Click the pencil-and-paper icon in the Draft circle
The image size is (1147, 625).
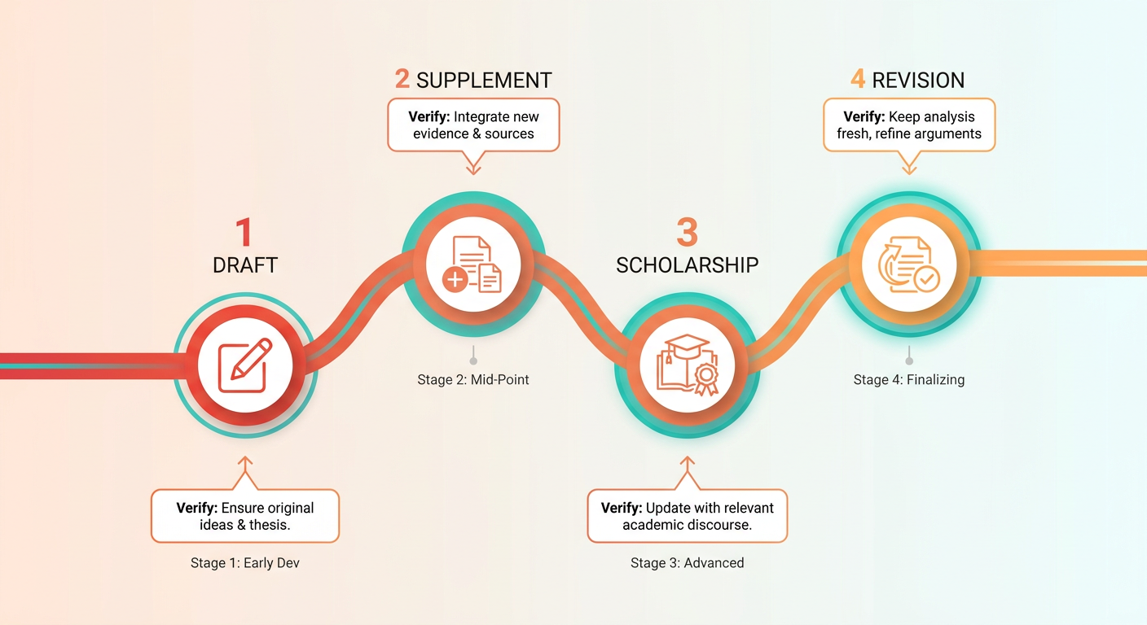[x=244, y=365]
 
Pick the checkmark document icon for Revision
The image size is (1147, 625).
[x=908, y=264]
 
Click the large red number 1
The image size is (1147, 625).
[x=244, y=232]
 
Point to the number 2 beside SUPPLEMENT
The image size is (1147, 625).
[x=402, y=79]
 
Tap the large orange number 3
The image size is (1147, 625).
[x=687, y=232]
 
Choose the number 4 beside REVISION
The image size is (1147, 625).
[x=858, y=79]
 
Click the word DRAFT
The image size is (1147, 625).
[x=244, y=265]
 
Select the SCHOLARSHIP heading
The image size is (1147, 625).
[x=688, y=265]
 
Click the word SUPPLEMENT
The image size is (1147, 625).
[x=484, y=81]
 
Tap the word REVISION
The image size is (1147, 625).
[x=918, y=81]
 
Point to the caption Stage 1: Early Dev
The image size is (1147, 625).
[x=244, y=562]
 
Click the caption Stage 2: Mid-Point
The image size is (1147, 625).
[x=473, y=379]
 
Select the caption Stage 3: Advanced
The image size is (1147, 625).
[x=688, y=562]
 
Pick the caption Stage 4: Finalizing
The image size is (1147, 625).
[x=909, y=379]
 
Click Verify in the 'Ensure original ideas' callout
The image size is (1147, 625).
[x=196, y=508]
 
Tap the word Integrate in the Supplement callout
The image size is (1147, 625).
[x=481, y=117]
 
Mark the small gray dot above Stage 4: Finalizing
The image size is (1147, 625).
[x=909, y=361]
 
